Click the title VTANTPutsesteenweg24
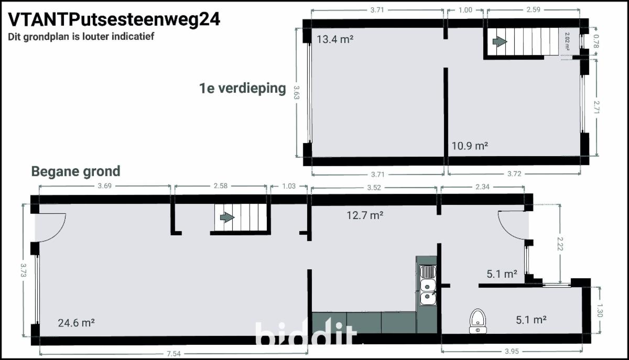click(114, 20)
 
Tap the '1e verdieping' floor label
click(243, 88)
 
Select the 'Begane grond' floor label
click(76, 171)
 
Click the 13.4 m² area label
click(335, 39)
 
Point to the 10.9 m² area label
click(470, 146)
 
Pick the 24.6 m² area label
click(76, 323)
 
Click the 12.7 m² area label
click(365, 215)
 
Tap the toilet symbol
click(478, 321)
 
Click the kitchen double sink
click(428, 285)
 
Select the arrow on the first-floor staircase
click(500, 41)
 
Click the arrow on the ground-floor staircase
click(227, 217)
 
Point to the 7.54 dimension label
click(173, 354)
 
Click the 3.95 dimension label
click(512, 351)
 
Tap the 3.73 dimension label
click(23, 270)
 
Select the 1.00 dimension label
click(465, 10)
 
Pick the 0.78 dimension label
click(596, 41)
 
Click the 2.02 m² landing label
click(567, 41)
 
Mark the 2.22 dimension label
click(560, 244)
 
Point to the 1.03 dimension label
click(289, 186)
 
